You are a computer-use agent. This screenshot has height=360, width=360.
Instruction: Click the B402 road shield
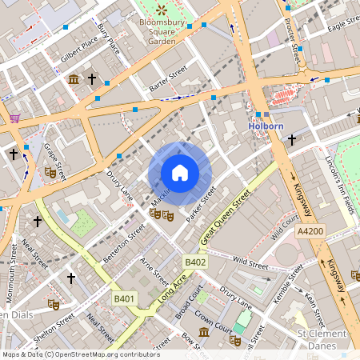(196, 262)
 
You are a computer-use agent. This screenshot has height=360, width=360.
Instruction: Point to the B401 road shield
(123, 298)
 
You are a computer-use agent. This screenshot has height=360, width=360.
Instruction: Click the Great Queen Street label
(226, 215)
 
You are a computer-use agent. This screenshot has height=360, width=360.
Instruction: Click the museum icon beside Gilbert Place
(74, 79)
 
